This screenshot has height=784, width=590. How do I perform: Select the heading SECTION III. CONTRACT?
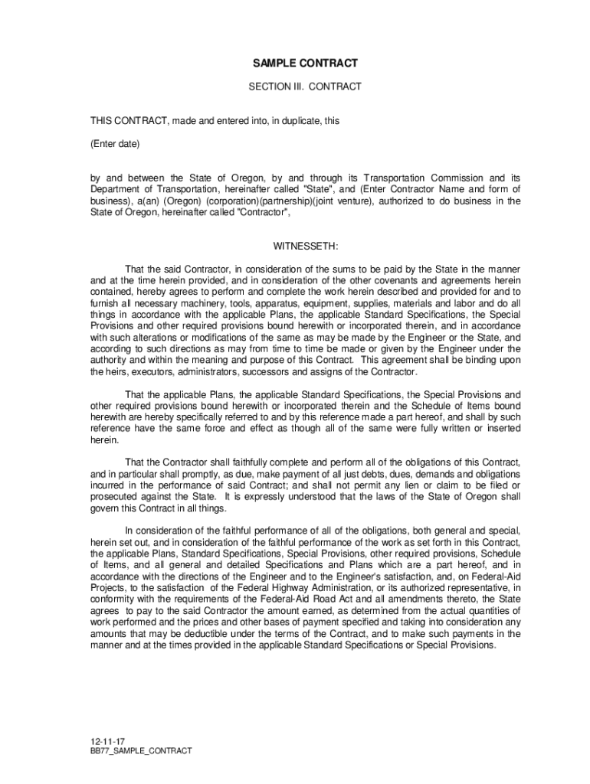[305, 87]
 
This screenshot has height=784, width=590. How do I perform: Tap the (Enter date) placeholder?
[115, 143]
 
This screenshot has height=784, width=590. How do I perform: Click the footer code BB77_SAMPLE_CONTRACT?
[141, 752]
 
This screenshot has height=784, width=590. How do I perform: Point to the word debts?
[360, 474]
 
